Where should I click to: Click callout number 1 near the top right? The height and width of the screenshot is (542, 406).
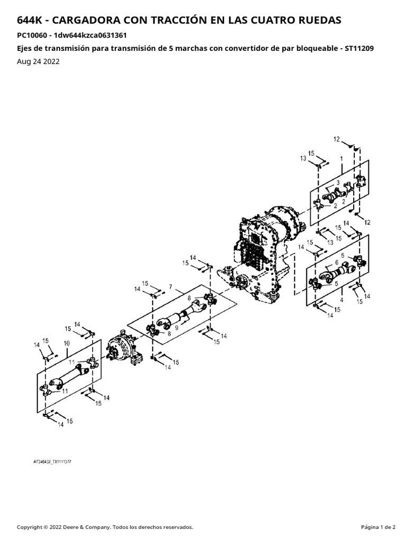(x=342, y=159)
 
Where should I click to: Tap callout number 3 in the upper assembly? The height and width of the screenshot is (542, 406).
(x=338, y=183)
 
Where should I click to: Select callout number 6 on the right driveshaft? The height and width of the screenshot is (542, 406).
(x=337, y=263)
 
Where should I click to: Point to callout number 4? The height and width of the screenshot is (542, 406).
(x=342, y=300)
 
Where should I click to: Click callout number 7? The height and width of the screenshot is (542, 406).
(x=171, y=287)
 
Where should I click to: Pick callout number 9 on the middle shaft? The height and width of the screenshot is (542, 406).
(x=177, y=328)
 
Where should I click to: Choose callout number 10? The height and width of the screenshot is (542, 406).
(x=67, y=343)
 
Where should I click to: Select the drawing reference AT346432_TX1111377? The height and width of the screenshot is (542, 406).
(x=52, y=462)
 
